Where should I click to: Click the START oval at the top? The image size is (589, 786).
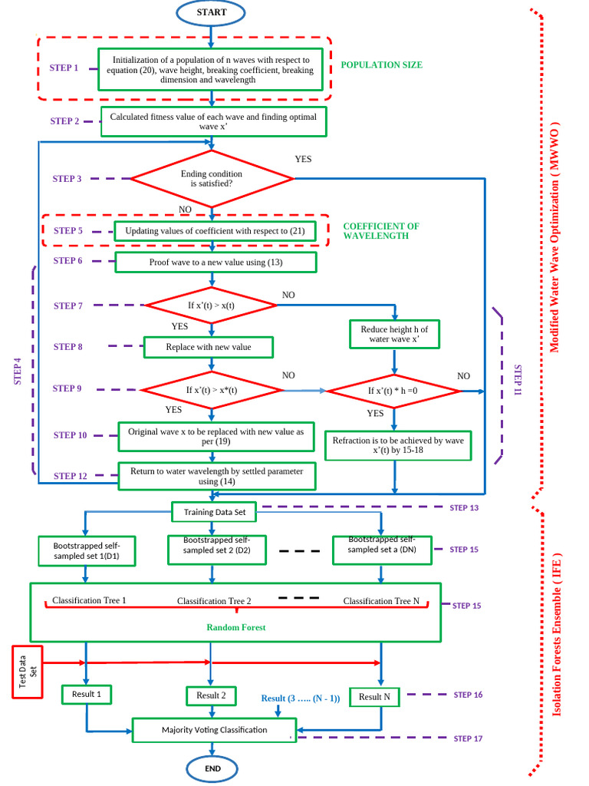[211, 12]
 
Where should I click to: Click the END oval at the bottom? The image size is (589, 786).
[213, 768]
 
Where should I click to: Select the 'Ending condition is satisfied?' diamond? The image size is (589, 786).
[212, 179]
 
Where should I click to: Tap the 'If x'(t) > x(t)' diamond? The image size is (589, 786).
[211, 305]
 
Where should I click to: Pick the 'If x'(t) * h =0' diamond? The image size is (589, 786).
[394, 391]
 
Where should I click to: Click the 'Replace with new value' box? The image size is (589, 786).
[209, 347]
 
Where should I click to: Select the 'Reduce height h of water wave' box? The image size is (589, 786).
[394, 334]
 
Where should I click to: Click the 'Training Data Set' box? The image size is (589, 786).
[214, 512]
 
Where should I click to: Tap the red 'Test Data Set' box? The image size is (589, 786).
[28, 672]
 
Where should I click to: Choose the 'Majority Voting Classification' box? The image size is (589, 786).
[215, 729]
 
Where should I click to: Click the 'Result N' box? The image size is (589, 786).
[375, 696]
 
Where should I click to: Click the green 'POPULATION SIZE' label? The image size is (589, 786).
[381, 65]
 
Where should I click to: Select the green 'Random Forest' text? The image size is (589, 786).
[235, 627]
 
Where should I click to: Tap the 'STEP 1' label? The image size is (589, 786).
[64, 68]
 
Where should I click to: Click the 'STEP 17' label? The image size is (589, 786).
[468, 738]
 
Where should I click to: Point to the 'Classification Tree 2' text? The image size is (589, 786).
[214, 601]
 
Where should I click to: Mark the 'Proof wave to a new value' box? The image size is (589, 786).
[216, 262]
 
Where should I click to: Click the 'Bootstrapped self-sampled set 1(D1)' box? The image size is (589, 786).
[86, 550]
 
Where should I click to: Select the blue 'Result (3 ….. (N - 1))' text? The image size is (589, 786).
[300, 698]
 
